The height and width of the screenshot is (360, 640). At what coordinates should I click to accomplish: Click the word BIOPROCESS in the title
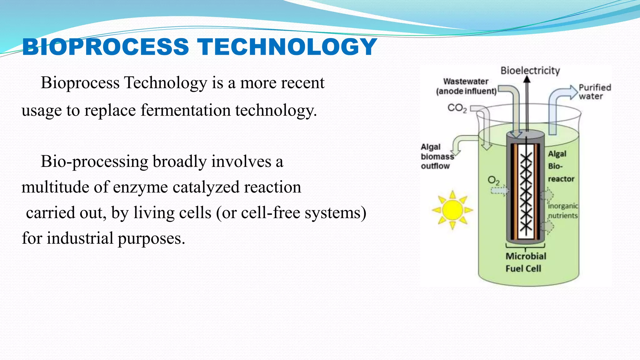pos(106,47)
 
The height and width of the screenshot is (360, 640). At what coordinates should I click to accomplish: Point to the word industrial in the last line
pos(80,238)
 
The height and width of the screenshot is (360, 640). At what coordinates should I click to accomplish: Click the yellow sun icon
pos(452,210)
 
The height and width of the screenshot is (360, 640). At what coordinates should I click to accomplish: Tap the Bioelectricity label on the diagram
pos(530,71)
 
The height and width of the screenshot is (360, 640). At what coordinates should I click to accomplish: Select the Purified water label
pos(594,92)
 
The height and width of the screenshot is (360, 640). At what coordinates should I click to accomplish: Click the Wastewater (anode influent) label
pos(466,86)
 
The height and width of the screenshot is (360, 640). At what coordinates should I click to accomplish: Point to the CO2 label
pos(457,108)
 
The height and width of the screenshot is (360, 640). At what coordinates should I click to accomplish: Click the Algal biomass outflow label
pos(436,156)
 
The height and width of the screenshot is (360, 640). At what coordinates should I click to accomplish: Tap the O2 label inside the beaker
pos(493,180)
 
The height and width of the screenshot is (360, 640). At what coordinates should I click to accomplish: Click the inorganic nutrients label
pos(563,211)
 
